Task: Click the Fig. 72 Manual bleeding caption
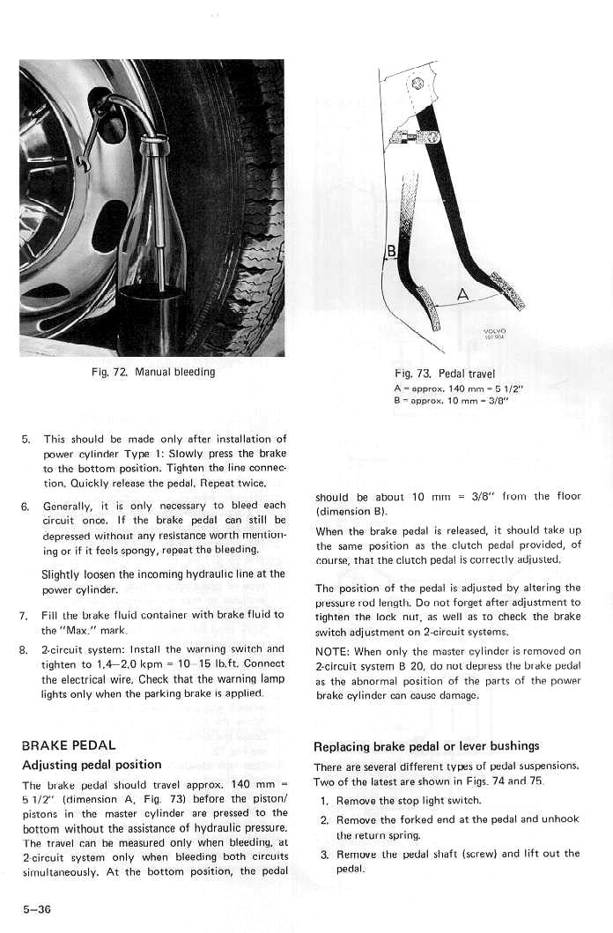[153, 372]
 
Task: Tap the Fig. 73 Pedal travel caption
[445, 374]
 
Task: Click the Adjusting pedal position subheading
[92, 764]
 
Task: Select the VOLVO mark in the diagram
[494, 333]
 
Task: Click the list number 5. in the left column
[26, 439]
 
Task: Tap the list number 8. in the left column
[26, 649]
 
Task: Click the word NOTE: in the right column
[331, 651]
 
